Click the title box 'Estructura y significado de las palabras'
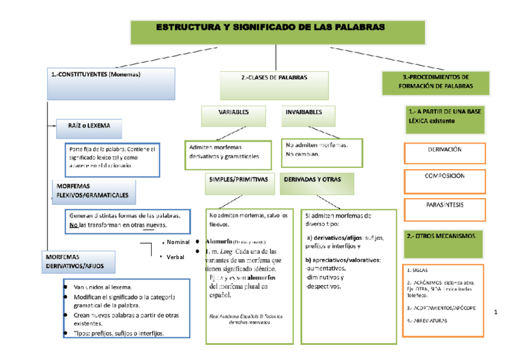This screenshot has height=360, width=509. point(270,32)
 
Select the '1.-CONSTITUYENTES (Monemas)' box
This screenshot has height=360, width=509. point(110,83)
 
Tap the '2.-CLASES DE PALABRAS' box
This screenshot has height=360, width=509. point(274,85)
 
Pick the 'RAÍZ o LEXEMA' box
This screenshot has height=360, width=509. point(89,127)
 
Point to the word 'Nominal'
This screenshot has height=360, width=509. point(178,242)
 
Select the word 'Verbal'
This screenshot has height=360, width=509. point(176,256)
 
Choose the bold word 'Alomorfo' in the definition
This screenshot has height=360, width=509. point(219,241)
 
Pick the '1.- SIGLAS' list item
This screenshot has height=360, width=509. point(418,270)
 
